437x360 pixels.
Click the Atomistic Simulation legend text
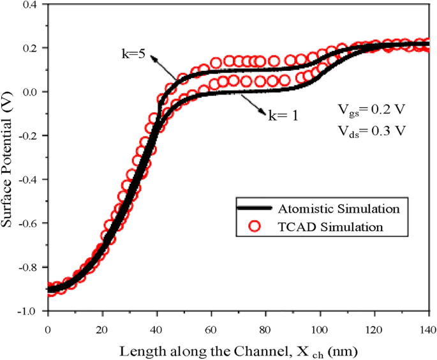tap(339, 208)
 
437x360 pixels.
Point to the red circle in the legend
tap(255, 226)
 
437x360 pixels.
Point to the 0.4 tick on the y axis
tap(29, 4)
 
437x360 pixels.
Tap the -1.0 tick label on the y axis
tap(27, 311)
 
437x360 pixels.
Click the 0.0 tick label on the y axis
tap(29, 92)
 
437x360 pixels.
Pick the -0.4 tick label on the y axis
tap(27, 179)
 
